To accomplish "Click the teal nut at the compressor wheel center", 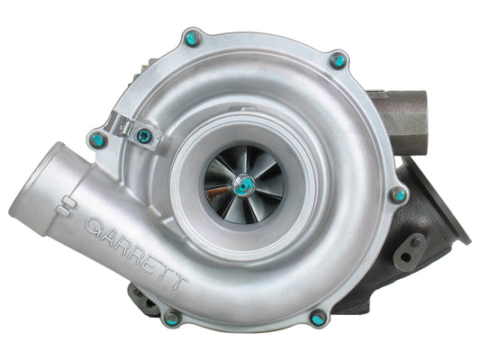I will (x=244, y=184).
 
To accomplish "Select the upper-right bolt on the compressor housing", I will (x=338, y=61).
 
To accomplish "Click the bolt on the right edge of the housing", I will (x=398, y=194).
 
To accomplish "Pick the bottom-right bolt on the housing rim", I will (x=318, y=317).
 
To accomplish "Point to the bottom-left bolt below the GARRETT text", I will (x=171, y=317).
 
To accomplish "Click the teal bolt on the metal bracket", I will (x=144, y=136).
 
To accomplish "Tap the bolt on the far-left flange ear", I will (x=98, y=139).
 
